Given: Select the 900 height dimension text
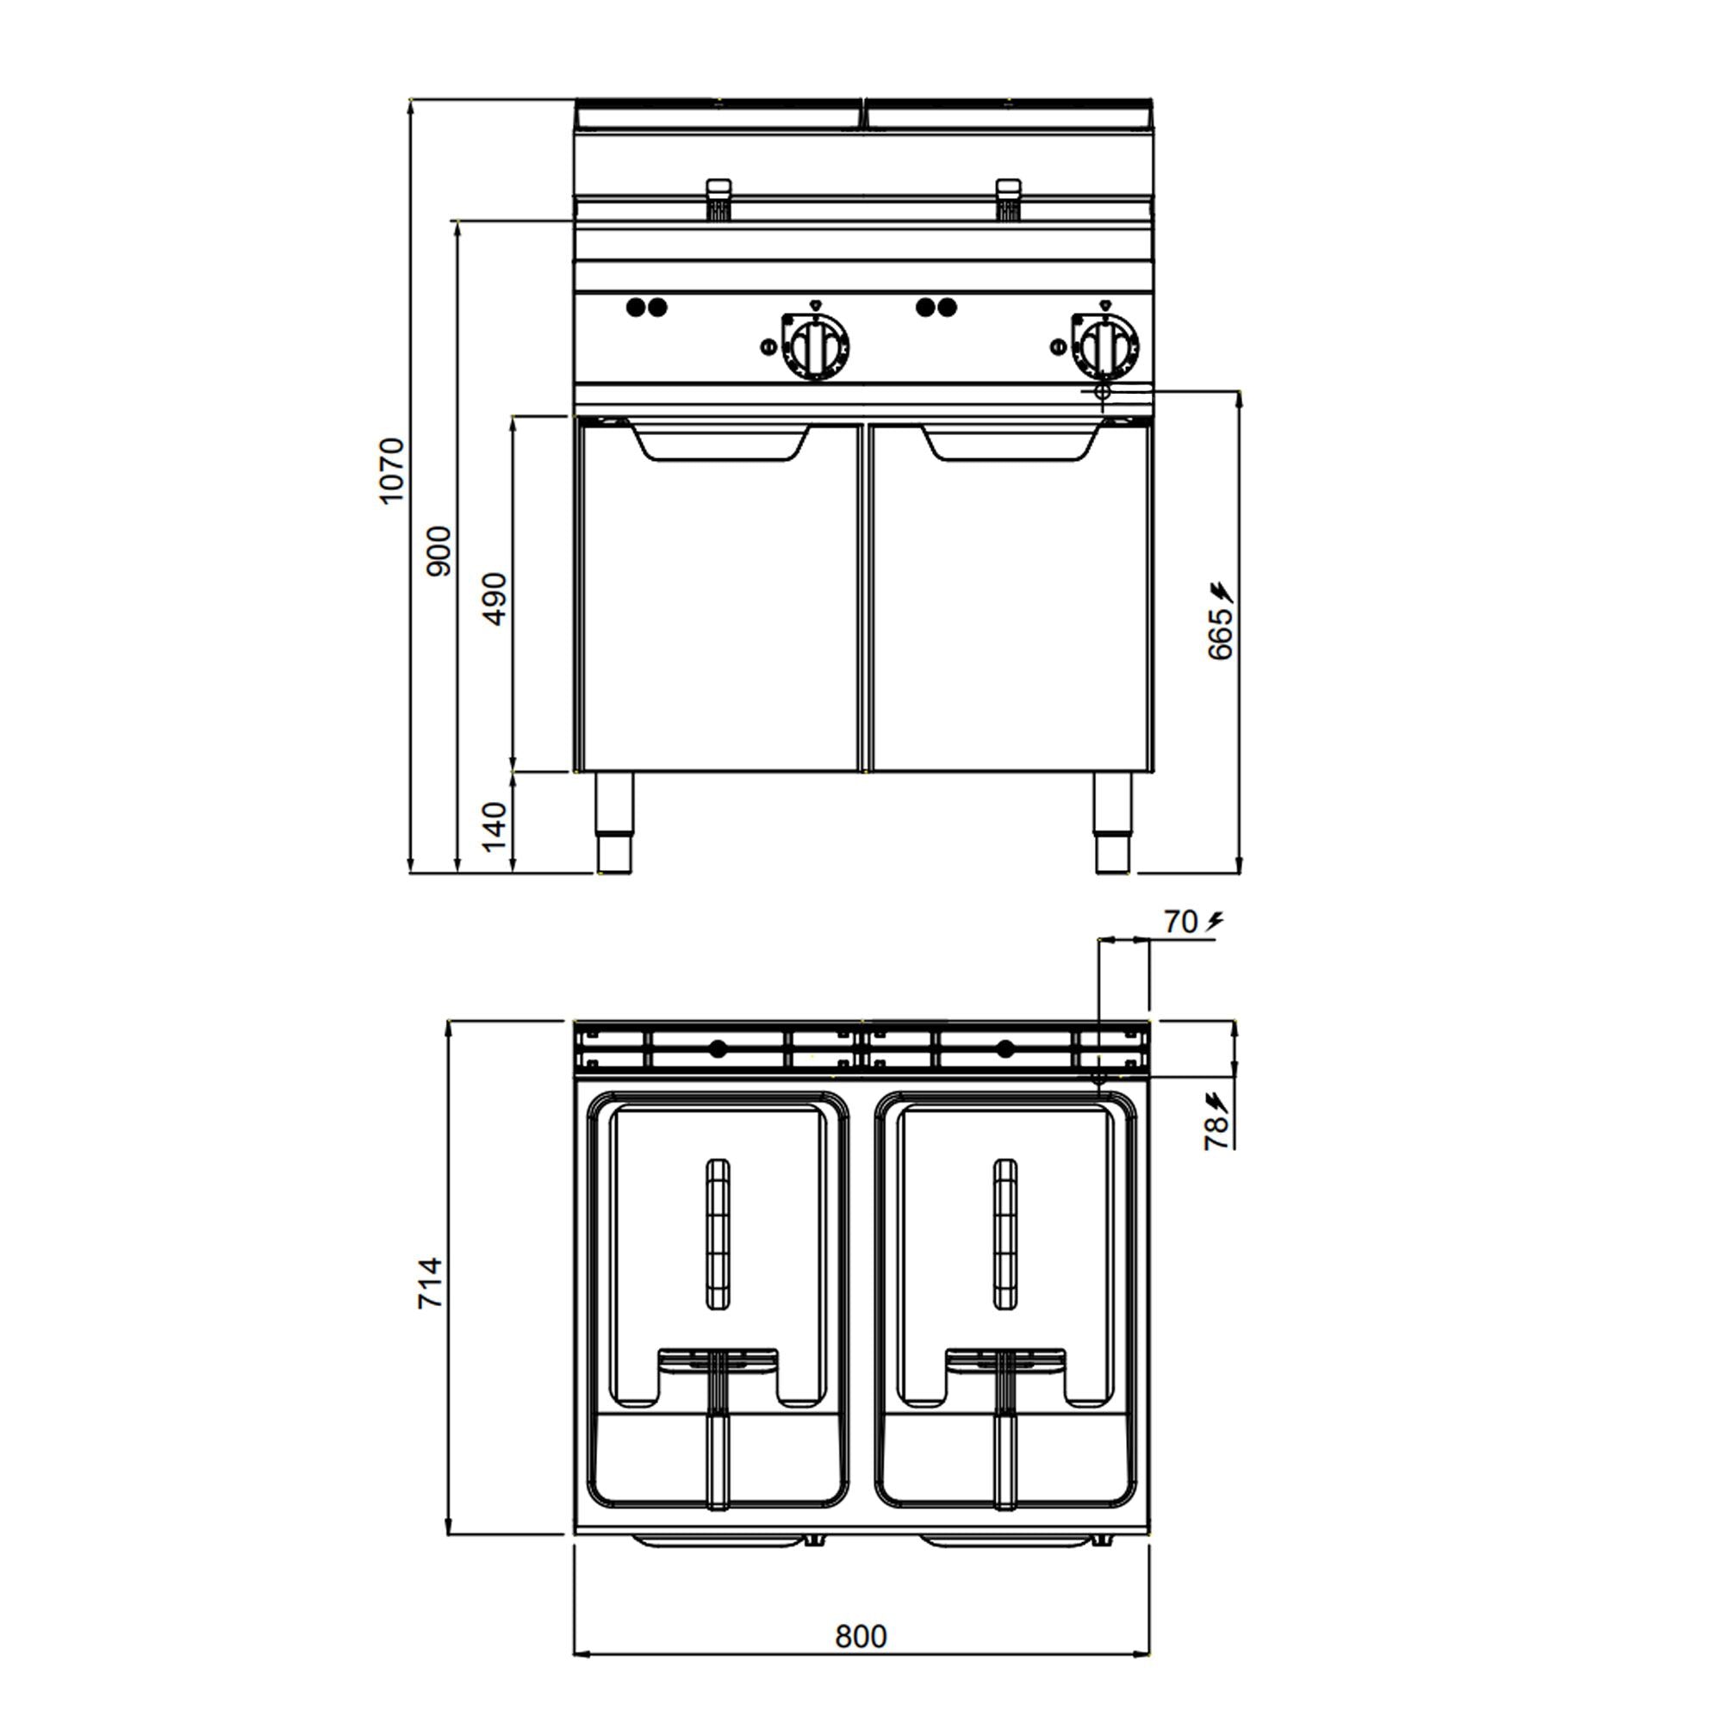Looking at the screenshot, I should click(439, 550).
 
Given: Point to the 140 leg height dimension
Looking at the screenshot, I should click(496, 826).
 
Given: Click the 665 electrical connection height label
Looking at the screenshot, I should click(1220, 635).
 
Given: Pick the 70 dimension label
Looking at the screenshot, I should click(1180, 922).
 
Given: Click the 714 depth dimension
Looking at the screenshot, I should click(431, 1283).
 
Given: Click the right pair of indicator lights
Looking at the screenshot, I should click(936, 308).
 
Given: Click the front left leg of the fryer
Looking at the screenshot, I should click(614, 821).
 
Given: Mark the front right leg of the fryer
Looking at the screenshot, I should click(1113, 821).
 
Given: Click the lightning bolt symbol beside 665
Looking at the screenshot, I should click(1220, 590).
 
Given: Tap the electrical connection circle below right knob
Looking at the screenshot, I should click(1103, 390).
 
